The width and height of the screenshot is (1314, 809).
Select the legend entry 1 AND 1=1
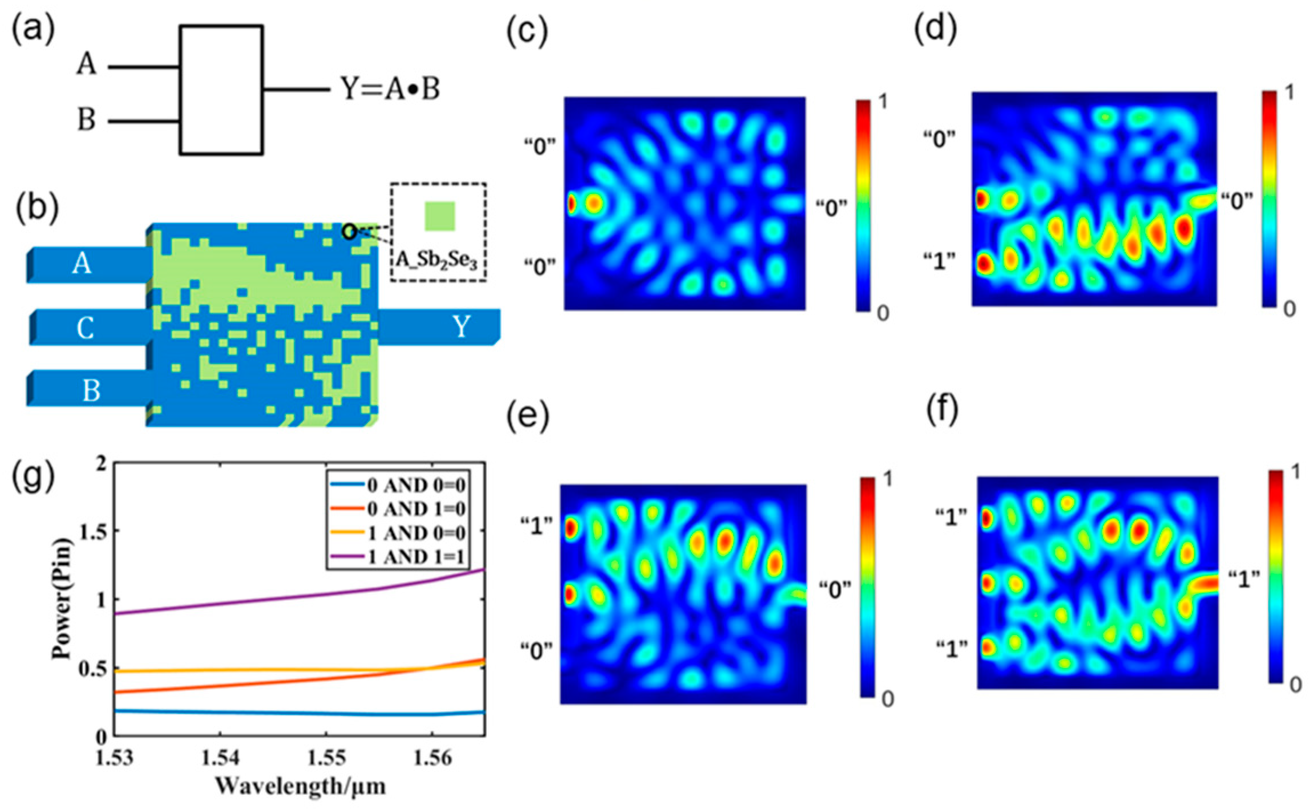click(x=416, y=557)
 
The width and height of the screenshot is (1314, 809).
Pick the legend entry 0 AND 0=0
click(x=416, y=486)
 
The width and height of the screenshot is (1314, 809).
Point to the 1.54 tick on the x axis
click(x=220, y=758)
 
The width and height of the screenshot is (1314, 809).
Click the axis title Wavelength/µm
click(x=300, y=786)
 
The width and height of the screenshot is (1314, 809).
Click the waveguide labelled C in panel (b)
click(x=86, y=329)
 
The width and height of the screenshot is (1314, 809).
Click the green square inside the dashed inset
click(x=440, y=216)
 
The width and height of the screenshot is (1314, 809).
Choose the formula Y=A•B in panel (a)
click(x=391, y=90)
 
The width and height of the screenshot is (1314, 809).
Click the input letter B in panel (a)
click(x=86, y=120)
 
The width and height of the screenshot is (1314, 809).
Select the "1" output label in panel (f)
click(x=1243, y=580)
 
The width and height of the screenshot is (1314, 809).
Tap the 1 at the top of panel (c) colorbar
click(x=883, y=102)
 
